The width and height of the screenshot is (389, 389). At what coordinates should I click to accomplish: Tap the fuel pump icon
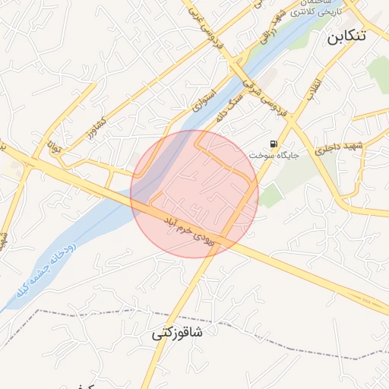[273, 144]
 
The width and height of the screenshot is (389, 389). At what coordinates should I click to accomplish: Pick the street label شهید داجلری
[340, 147]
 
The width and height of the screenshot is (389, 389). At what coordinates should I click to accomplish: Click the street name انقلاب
[314, 90]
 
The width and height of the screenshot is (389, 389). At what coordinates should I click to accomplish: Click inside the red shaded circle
[194, 194]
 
